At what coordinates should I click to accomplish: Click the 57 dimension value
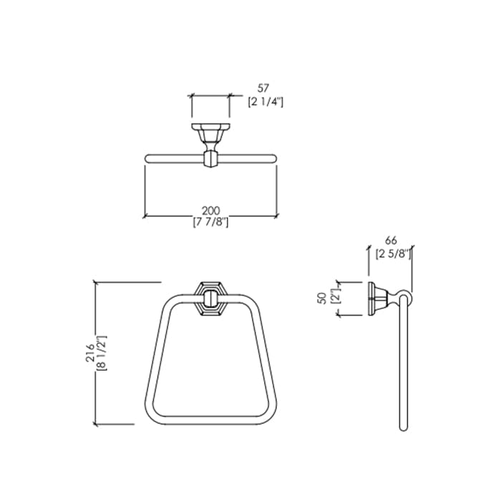263,87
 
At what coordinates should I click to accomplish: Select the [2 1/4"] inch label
266,102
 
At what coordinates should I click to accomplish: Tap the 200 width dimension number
211,210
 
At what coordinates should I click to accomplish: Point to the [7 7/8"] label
210,222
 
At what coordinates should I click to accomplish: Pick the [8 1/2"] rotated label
102,353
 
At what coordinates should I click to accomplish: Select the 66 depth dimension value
391,240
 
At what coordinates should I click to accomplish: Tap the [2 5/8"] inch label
394,254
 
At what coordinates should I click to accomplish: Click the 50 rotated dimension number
323,298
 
